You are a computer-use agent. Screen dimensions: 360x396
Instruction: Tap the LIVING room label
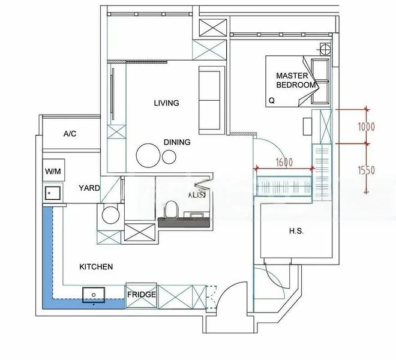click(166, 103)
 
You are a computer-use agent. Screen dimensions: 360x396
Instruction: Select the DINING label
click(177, 142)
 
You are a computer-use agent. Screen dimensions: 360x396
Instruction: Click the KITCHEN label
click(96, 266)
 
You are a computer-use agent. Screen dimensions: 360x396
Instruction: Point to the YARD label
click(89, 188)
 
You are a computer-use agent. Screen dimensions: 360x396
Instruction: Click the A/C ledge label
click(70, 134)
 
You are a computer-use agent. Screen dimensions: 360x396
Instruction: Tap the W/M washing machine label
click(53, 172)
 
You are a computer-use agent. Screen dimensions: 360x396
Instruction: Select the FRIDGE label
click(142, 295)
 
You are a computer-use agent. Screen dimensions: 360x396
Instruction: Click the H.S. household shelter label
click(296, 230)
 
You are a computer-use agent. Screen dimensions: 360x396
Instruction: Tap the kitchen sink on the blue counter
click(94, 293)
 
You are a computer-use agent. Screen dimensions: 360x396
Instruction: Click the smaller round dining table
click(170, 157)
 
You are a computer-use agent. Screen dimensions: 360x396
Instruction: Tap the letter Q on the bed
click(272, 100)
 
